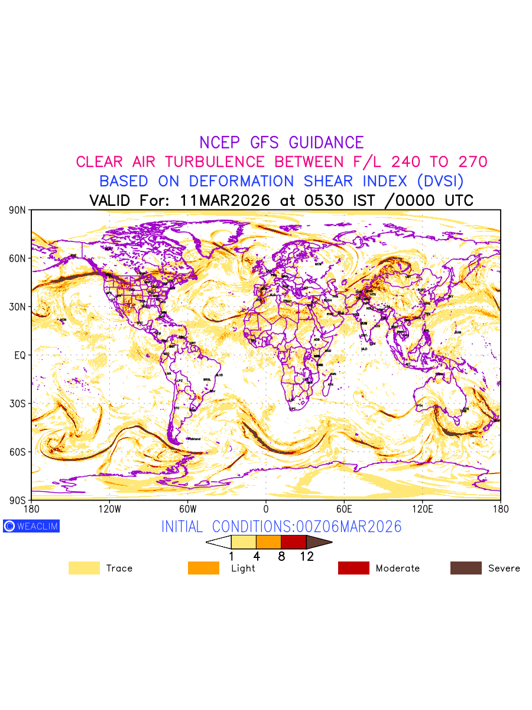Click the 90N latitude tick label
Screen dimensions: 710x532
[18, 210]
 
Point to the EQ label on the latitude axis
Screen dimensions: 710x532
[20, 355]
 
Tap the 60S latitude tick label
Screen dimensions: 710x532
[18, 452]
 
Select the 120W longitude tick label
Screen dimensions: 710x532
[109, 509]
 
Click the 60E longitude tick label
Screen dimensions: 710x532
[344, 509]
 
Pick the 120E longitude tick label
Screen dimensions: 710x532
[422, 509]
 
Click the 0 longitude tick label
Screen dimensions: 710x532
[266, 509]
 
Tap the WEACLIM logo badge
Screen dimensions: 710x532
[31, 526]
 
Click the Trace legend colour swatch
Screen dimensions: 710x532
[84, 568]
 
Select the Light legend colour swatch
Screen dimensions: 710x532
[203, 568]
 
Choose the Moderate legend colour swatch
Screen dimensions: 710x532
[353, 568]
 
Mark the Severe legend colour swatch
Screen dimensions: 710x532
[466, 568]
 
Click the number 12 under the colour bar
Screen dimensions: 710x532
[307, 557]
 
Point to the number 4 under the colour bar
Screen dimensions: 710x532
[257, 557]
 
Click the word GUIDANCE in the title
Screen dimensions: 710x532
[326, 143]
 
